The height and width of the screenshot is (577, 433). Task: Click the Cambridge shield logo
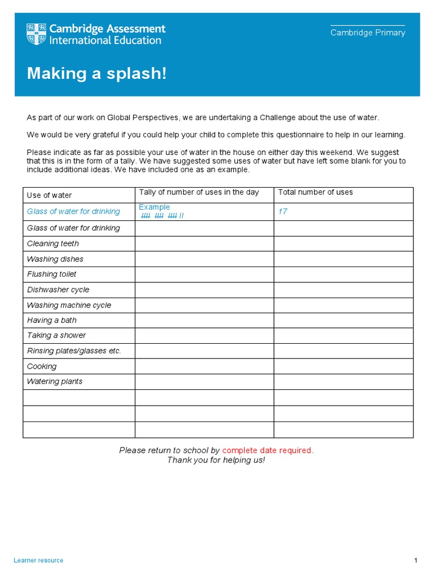pyautogui.click(x=37, y=34)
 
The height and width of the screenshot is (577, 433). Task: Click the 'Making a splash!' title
pyautogui.click(x=97, y=73)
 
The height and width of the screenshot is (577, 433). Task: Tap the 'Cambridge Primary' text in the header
pyautogui.click(x=368, y=33)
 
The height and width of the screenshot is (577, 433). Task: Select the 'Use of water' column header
pyautogui.click(x=50, y=195)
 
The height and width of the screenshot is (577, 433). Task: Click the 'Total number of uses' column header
pyautogui.click(x=316, y=192)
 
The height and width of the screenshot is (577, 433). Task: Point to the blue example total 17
pyautogui.click(x=283, y=211)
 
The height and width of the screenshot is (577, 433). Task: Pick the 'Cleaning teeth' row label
pyautogui.click(x=53, y=243)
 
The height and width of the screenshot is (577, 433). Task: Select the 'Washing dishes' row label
pyautogui.click(x=55, y=259)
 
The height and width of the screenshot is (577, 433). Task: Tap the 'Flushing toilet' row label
pyautogui.click(x=52, y=274)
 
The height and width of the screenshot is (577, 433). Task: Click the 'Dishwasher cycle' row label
pyautogui.click(x=58, y=290)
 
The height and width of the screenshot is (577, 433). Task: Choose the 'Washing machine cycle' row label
pyautogui.click(x=69, y=305)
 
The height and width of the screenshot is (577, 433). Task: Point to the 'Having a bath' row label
pyautogui.click(x=52, y=320)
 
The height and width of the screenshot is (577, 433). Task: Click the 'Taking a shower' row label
pyautogui.click(x=56, y=335)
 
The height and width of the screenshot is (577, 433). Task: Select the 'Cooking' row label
pyautogui.click(x=42, y=366)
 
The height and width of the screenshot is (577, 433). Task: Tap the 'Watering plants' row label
pyautogui.click(x=55, y=381)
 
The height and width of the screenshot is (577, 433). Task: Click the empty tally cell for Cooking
pyautogui.click(x=204, y=366)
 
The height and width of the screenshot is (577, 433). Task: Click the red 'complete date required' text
pyautogui.click(x=267, y=450)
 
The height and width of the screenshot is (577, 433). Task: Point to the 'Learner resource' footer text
pyautogui.click(x=38, y=560)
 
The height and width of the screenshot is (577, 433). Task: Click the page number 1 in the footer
pyautogui.click(x=416, y=560)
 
